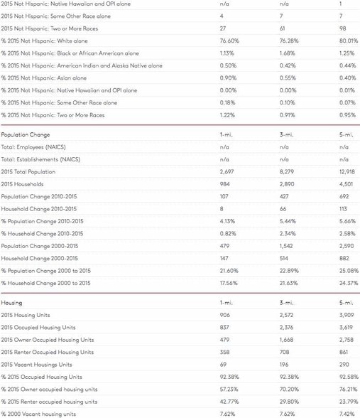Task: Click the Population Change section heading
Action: click(26, 134)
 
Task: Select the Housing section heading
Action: click(11, 303)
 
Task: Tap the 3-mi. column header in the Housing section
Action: click(287, 303)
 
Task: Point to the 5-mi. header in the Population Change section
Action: click(347, 134)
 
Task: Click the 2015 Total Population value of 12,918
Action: click(347, 172)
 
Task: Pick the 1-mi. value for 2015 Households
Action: click(224, 184)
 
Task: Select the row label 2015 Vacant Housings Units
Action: click(36, 365)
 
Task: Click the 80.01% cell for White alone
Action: click(349, 41)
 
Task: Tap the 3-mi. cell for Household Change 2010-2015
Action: click(283, 209)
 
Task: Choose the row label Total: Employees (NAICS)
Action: click(33, 147)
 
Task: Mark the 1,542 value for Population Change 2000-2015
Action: click(286, 246)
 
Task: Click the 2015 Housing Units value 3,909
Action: click(347, 315)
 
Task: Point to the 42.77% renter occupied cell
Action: click(229, 402)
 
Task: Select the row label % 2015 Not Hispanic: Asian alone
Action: click(44, 78)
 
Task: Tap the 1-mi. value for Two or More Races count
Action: click(223, 28)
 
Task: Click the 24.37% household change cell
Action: click(349, 283)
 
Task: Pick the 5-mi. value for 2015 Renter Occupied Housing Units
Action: click(344, 352)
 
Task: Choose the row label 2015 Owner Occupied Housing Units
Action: click(48, 340)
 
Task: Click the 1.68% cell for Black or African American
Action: click(288, 53)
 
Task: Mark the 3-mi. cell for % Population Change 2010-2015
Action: click(288, 221)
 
